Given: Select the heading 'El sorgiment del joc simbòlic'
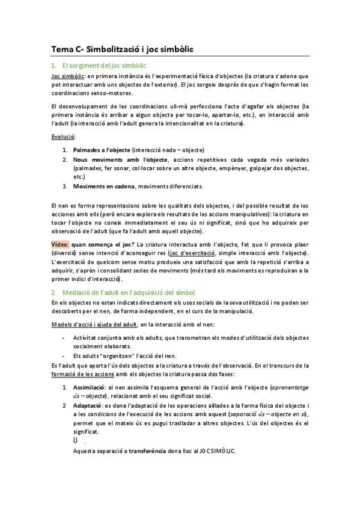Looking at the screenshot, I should tap(104, 66).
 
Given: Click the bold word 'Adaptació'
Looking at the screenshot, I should tap(87, 406).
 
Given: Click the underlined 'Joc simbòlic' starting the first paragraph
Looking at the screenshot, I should tap(68, 76).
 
